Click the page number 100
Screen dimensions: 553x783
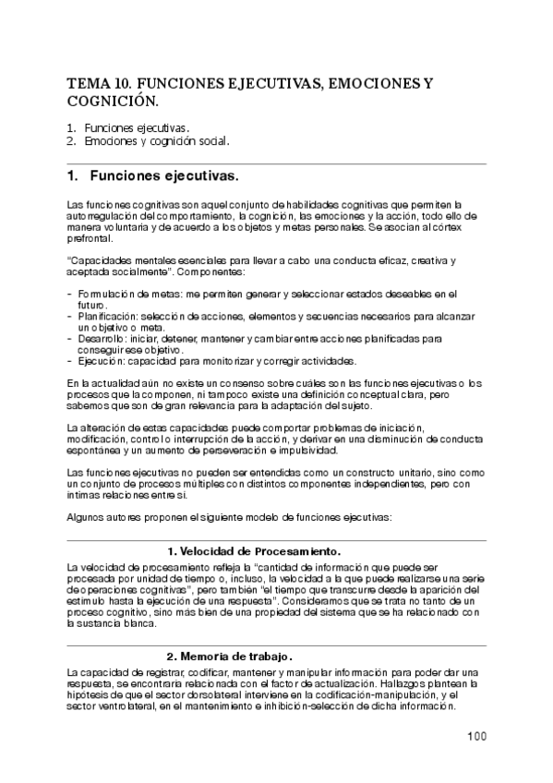point(475,736)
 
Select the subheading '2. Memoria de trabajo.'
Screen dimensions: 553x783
point(232,657)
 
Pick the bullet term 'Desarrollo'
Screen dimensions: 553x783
point(101,339)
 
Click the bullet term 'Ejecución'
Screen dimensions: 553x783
point(98,361)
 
